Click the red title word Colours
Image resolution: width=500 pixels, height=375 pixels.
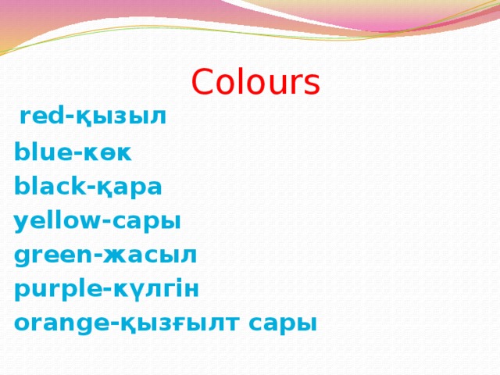[x=255, y=83]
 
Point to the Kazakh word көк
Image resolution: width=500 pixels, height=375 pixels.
[x=106, y=153]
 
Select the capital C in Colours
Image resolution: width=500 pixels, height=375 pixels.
[x=202, y=83]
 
